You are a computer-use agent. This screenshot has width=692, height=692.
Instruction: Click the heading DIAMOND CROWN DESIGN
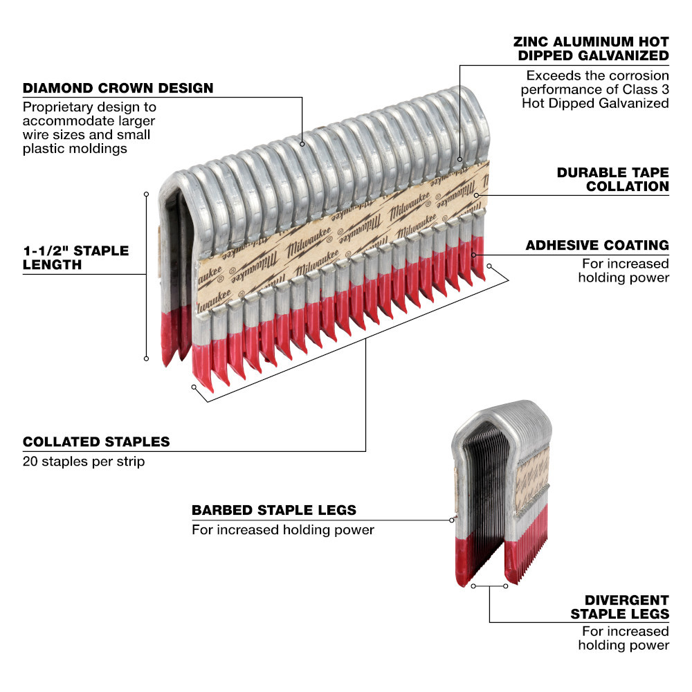118,89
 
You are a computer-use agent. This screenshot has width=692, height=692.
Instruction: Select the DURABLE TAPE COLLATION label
612,179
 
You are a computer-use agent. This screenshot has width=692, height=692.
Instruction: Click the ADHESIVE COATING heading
597,245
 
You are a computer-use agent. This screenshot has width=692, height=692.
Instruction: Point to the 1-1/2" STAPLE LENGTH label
76,257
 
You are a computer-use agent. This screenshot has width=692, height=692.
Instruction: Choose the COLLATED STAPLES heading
96,441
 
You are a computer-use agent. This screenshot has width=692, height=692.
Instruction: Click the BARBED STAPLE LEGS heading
274,510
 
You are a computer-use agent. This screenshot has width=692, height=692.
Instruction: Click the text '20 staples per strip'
84,461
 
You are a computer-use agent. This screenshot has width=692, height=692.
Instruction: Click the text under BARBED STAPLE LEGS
282,530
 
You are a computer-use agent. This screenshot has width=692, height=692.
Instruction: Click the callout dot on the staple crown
303,144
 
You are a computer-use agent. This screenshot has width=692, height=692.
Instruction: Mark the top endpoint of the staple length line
146,194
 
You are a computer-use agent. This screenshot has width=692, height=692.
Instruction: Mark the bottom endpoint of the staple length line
146,358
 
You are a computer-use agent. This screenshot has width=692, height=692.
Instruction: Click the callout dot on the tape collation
477,195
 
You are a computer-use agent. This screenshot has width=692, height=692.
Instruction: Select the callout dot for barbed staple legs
453,520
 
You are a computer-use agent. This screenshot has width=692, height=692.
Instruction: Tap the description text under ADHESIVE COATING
625,270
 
